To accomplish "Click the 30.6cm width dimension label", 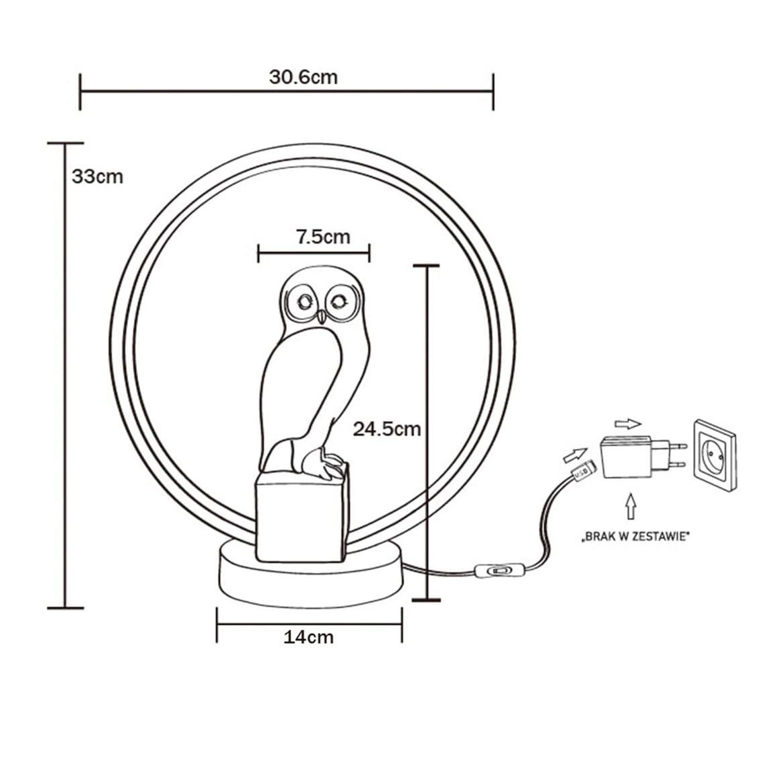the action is point(303,78).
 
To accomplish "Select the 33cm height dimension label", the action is point(98,177).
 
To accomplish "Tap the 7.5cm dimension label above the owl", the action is point(323,237).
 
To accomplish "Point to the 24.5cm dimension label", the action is point(386,429).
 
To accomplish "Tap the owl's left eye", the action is point(304,303).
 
